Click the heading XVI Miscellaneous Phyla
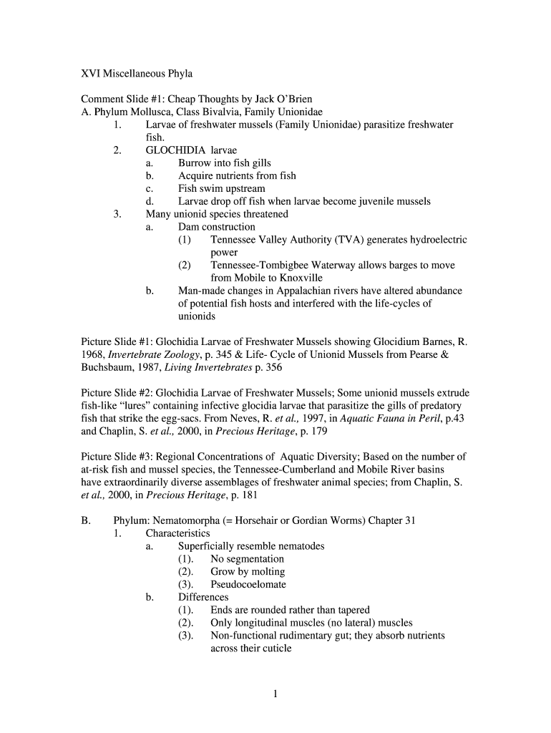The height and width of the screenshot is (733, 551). point(137,74)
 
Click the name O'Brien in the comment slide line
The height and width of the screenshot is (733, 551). point(293,99)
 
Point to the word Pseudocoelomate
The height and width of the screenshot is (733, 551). point(248,584)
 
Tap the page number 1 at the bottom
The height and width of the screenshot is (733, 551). point(275,693)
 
